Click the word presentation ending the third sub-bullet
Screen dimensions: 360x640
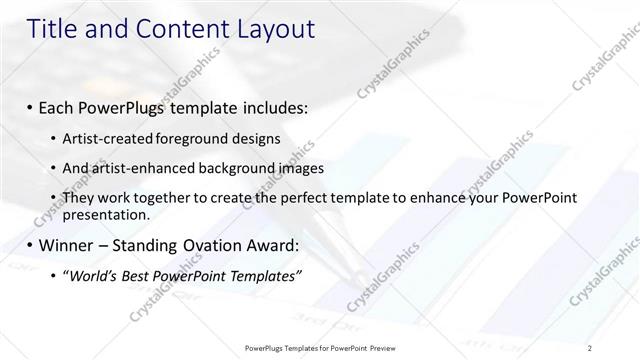[105, 214]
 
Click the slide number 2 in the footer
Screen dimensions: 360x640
[590, 347]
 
